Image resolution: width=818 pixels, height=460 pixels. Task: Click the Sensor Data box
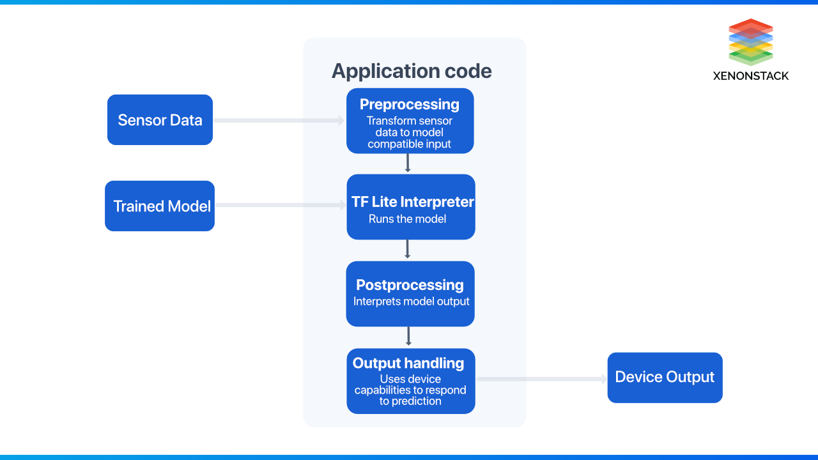click(160, 120)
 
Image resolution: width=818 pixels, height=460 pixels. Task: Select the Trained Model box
click(160, 206)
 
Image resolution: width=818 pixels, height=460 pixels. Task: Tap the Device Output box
click(665, 377)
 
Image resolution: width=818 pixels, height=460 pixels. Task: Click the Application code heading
click(412, 71)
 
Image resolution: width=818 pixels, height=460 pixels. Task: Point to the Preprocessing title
click(409, 104)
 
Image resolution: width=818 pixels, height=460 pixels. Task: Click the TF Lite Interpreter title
click(412, 202)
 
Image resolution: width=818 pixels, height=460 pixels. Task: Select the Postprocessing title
click(410, 285)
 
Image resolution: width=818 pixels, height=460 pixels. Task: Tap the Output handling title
click(408, 363)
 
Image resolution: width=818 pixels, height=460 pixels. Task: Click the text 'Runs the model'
click(407, 218)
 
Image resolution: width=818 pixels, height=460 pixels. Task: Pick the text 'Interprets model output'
click(411, 301)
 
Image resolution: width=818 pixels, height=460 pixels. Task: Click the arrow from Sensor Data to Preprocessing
click(279, 120)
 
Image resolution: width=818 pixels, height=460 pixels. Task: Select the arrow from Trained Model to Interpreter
click(280, 205)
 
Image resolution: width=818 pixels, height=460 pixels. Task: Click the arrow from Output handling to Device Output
click(542, 379)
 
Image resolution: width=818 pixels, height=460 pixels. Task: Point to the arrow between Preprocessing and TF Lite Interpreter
click(408, 163)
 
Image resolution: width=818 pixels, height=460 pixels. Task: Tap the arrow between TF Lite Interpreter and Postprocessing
click(408, 249)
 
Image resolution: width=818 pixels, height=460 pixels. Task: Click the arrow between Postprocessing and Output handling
click(408, 336)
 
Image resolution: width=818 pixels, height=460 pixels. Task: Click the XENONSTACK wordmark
click(751, 76)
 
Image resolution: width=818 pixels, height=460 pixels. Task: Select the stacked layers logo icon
click(751, 42)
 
